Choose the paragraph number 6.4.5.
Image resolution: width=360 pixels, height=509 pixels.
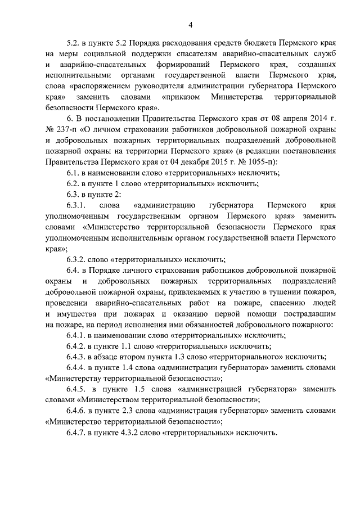pyautogui.click(x=78, y=389)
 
